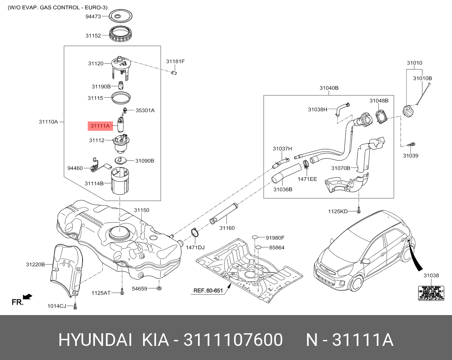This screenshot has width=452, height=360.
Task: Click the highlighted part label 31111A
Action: [x=99, y=126]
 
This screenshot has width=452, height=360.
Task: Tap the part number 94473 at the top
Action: [x=93, y=16]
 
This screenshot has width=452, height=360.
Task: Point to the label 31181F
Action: [x=175, y=61]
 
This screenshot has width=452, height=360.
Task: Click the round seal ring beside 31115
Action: [x=122, y=98]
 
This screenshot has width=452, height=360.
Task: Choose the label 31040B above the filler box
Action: [x=329, y=88]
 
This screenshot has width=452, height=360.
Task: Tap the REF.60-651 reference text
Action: [x=208, y=291]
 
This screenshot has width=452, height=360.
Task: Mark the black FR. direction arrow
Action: [x=27, y=296]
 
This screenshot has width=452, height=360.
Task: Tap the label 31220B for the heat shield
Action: [x=35, y=265]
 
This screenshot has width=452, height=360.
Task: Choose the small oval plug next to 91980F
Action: [x=255, y=237]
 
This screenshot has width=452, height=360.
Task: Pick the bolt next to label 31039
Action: [x=411, y=144]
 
